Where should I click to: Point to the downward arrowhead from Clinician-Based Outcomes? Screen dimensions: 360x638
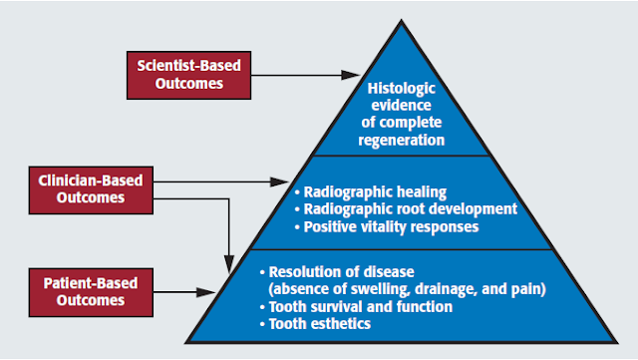pos(231,259)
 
